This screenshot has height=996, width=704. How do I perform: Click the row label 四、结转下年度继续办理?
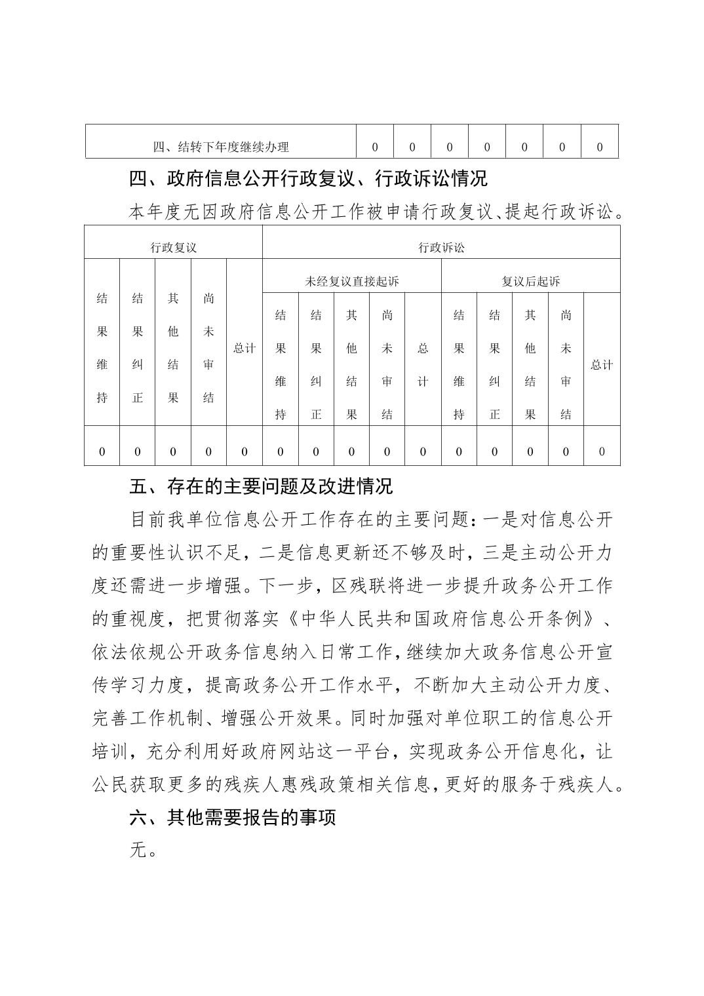pyautogui.click(x=221, y=147)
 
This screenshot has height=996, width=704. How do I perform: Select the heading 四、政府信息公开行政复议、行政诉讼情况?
pyautogui.click(x=308, y=178)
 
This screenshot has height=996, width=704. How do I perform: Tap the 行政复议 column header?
pyautogui.click(x=173, y=248)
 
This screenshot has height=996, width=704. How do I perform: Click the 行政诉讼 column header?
pyautogui.click(x=441, y=248)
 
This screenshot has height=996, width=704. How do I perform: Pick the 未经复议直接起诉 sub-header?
pyautogui.click(x=351, y=281)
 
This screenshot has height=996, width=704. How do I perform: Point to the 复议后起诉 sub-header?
pyautogui.click(x=530, y=281)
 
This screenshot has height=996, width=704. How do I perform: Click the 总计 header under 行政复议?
pyautogui.click(x=244, y=348)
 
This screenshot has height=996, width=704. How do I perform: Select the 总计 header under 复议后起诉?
pyautogui.click(x=601, y=365)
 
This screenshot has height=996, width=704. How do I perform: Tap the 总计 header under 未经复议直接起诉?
pyautogui.click(x=423, y=365)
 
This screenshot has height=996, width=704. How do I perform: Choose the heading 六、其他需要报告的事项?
pyautogui.click(x=233, y=817)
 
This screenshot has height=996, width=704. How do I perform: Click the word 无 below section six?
pyautogui.click(x=138, y=850)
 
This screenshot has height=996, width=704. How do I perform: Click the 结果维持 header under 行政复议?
pyautogui.click(x=102, y=348)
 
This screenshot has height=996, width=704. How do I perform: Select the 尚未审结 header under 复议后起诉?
pyautogui.click(x=566, y=365)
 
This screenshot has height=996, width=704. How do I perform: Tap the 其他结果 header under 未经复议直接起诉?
pyautogui.click(x=351, y=365)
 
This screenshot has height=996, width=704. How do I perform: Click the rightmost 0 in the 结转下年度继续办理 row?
pyautogui.click(x=599, y=147)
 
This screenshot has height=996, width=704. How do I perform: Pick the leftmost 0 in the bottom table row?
pyautogui.click(x=102, y=451)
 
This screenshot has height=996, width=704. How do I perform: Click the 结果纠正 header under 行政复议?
pyautogui.click(x=138, y=348)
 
